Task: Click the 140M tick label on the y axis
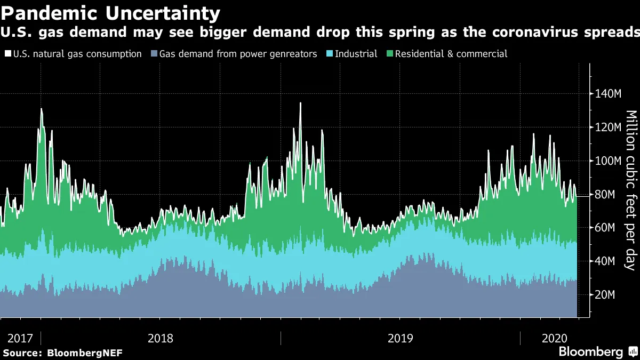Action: pyautogui.click(x=608, y=94)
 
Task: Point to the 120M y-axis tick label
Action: pyautogui.click(x=608, y=127)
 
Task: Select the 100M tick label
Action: pyautogui.click(x=608, y=161)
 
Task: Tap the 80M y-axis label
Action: pyautogui.click(x=606, y=195)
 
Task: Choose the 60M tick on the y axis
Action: pyautogui.click(x=606, y=228)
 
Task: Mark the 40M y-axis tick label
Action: pyautogui.click(x=606, y=261)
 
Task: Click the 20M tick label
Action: pyautogui.click(x=606, y=295)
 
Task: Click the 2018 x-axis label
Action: pyautogui.click(x=161, y=338)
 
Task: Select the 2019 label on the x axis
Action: pyautogui.click(x=401, y=338)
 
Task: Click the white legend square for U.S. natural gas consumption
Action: pyautogui.click(x=7, y=54)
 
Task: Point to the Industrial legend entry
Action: pyautogui.click(x=356, y=54)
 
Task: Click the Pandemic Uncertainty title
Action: pyautogui.click(x=110, y=13)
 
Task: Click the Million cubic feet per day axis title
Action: pyautogui.click(x=631, y=190)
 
